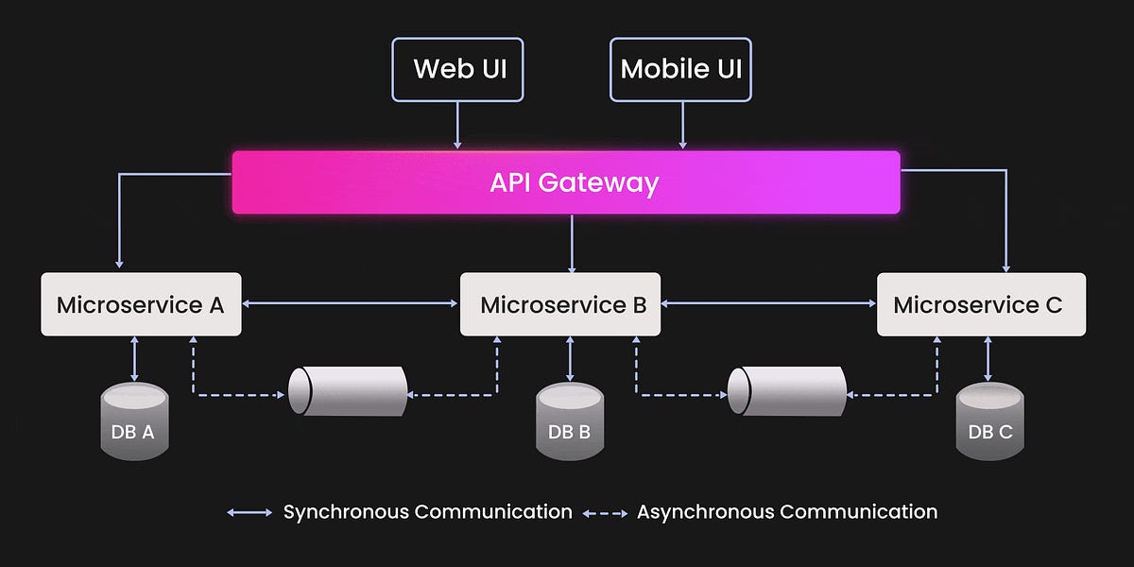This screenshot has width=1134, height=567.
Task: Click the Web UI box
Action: click(457, 69)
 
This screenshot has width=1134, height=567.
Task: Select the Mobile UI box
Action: click(680, 69)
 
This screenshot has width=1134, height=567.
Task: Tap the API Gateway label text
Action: click(573, 182)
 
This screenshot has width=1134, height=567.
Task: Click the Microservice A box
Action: click(141, 304)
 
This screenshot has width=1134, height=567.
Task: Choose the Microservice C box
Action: click(981, 304)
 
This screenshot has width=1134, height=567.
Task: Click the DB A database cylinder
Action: click(134, 421)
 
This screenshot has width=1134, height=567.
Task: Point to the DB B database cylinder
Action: click(569, 421)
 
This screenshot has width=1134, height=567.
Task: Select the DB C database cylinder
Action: click(989, 421)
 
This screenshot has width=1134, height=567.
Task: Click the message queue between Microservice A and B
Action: click(347, 390)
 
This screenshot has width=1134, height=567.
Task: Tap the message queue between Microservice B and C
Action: click(786, 390)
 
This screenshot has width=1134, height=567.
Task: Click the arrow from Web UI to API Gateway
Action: click(457, 125)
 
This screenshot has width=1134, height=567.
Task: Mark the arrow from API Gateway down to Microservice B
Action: click(571, 243)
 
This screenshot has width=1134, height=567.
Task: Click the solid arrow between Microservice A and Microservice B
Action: click(350, 303)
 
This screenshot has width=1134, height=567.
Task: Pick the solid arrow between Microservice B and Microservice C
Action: click(768, 303)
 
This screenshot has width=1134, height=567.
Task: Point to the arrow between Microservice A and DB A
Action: click(134, 359)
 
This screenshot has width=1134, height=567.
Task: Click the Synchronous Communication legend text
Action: click(427, 512)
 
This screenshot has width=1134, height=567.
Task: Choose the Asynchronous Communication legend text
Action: click(786, 512)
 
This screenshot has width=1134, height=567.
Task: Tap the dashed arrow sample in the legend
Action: click(605, 513)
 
